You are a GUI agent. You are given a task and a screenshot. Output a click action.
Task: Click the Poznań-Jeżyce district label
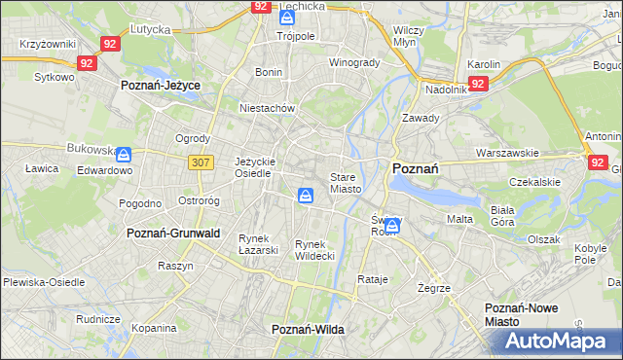pyautogui.click(x=161, y=86)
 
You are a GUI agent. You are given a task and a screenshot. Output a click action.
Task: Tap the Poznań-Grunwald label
pyautogui.click(x=173, y=234)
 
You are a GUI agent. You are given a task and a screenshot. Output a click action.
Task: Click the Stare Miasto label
pyautogui.click(x=346, y=183)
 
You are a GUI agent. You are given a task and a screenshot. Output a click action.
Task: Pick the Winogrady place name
pyautogui.click(x=354, y=62)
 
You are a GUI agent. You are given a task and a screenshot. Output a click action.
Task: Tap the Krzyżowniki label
pyautogui.click(x=48, y=45)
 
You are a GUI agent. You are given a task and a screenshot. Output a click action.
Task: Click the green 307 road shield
pyautogui.click(x=202, y=162)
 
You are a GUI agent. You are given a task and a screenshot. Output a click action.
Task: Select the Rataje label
pyautogui.click(x=373, y=279)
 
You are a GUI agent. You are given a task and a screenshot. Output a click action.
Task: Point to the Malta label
pyautogui.click(x=459, y=219)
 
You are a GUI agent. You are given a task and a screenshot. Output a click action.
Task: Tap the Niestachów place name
pyautogui.click(x=267, y=108)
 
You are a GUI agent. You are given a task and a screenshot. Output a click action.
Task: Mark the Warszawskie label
pyautogui.click(x=507, y=153)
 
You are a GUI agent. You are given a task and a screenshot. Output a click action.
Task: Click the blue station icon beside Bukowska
pyautogui.click(x=124, y=154)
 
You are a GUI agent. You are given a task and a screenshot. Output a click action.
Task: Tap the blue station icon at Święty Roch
pyautogui.click(x=391, y=226)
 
